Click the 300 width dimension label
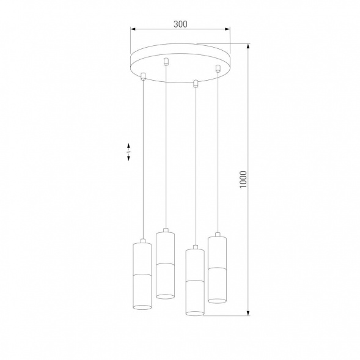pyautogui.click(x=180, y=24)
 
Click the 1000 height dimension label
pyautogui.click(x=243, y=180)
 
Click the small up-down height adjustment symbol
pyautogui.click(x=128, y=152)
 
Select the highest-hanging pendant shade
pyautogui.click(x=165, y=264)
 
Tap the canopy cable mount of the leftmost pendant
pyautogui.click(x=142, y=76)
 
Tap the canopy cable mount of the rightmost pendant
pyautogui.click(x=217, y=69)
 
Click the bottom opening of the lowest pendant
pyautogui.click(x=194, y=313)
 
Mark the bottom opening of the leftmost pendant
pyautogui.click(x=141, y=305)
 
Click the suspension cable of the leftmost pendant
pyautogui.click(x=142, y=159)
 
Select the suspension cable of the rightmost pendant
pyautogui.click(x=217, y=153)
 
